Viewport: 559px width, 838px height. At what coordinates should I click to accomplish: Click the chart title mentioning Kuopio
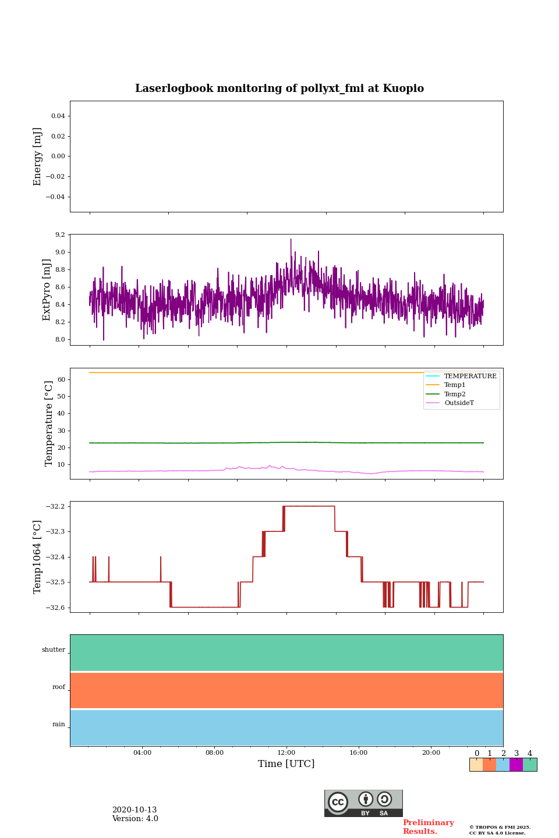click(279, 88)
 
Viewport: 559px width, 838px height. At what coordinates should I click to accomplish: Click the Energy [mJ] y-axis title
click(38, 157)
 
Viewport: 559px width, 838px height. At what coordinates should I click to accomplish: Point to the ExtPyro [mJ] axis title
click(47, 290)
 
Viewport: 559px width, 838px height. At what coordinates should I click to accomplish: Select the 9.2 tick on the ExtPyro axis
click(60, 235)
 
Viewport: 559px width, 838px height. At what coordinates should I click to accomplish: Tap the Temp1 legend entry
click(455, 385)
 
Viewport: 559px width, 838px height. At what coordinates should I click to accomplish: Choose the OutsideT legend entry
click(459, 403)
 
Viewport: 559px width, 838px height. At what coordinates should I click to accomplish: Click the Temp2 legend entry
click(455, 394)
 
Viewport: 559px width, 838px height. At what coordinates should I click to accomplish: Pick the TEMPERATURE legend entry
click(470, 376)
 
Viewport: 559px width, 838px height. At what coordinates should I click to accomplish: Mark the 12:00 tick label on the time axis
click(286, 752)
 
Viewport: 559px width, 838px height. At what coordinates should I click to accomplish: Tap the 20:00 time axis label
click(431, 752)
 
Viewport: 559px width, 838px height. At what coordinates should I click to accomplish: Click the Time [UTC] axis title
click(286, 764)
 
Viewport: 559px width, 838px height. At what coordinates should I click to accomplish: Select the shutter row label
click(54, 650)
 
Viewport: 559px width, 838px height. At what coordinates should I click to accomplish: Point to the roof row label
click(59, 687)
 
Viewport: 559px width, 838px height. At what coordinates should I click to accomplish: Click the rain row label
click(59, 725)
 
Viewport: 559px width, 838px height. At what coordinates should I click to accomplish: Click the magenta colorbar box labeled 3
click(516, 765)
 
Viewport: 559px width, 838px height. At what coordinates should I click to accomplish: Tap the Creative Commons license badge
click(363, 803)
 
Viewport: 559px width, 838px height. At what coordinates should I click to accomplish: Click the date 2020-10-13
click(135, 810)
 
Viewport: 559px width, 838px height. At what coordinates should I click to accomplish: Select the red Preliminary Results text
click(428, 827)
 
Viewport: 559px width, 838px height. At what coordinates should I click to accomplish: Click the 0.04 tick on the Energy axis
click(58, 116)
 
